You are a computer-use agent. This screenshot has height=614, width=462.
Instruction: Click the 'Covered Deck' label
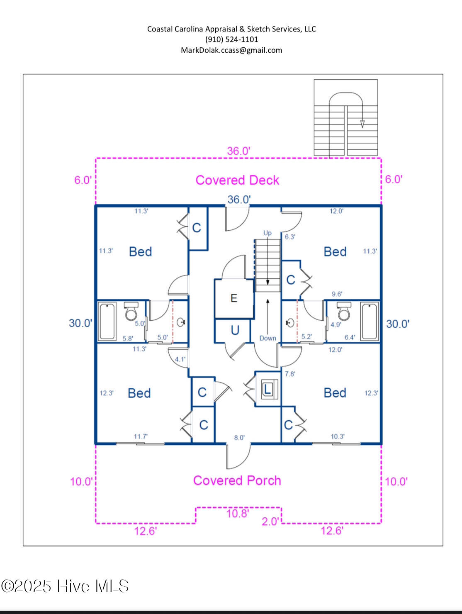click(x=237, y=180)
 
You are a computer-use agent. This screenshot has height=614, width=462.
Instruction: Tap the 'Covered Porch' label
click(x=237, y=480)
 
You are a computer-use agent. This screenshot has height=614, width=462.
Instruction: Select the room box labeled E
click(x=234, y=298)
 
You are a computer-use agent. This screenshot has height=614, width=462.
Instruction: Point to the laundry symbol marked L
click(x=267, y=389)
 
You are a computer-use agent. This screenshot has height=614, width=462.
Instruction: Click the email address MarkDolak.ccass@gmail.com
click(x=231, y=50)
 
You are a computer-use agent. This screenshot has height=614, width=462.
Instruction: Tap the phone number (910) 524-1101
click(x=231, y=39)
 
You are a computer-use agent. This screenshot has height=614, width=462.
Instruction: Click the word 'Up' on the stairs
click(x=267, y=233)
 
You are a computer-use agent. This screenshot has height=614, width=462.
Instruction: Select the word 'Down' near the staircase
click(x=267, y=338)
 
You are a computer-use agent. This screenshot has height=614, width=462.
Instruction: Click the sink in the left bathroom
click(x=181, y=322)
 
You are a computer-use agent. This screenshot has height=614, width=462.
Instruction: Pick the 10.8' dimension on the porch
click(x=237, y=514)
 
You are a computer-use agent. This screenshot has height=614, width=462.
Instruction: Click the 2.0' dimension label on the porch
click(x=270, y=521)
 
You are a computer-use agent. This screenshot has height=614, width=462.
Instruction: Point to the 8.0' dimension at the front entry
click(x=239, y=438)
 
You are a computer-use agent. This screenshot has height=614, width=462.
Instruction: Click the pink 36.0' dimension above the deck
click(x=238, y=151)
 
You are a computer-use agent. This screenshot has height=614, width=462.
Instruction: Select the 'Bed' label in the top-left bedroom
click(x=140, y=252)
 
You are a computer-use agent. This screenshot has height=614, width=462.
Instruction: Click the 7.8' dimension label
click(x=290, y=374)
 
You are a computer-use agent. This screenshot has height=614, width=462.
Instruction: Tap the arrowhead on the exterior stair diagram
click(x=362, y=124)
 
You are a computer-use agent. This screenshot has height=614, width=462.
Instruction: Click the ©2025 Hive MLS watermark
click(x=65, y=586)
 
